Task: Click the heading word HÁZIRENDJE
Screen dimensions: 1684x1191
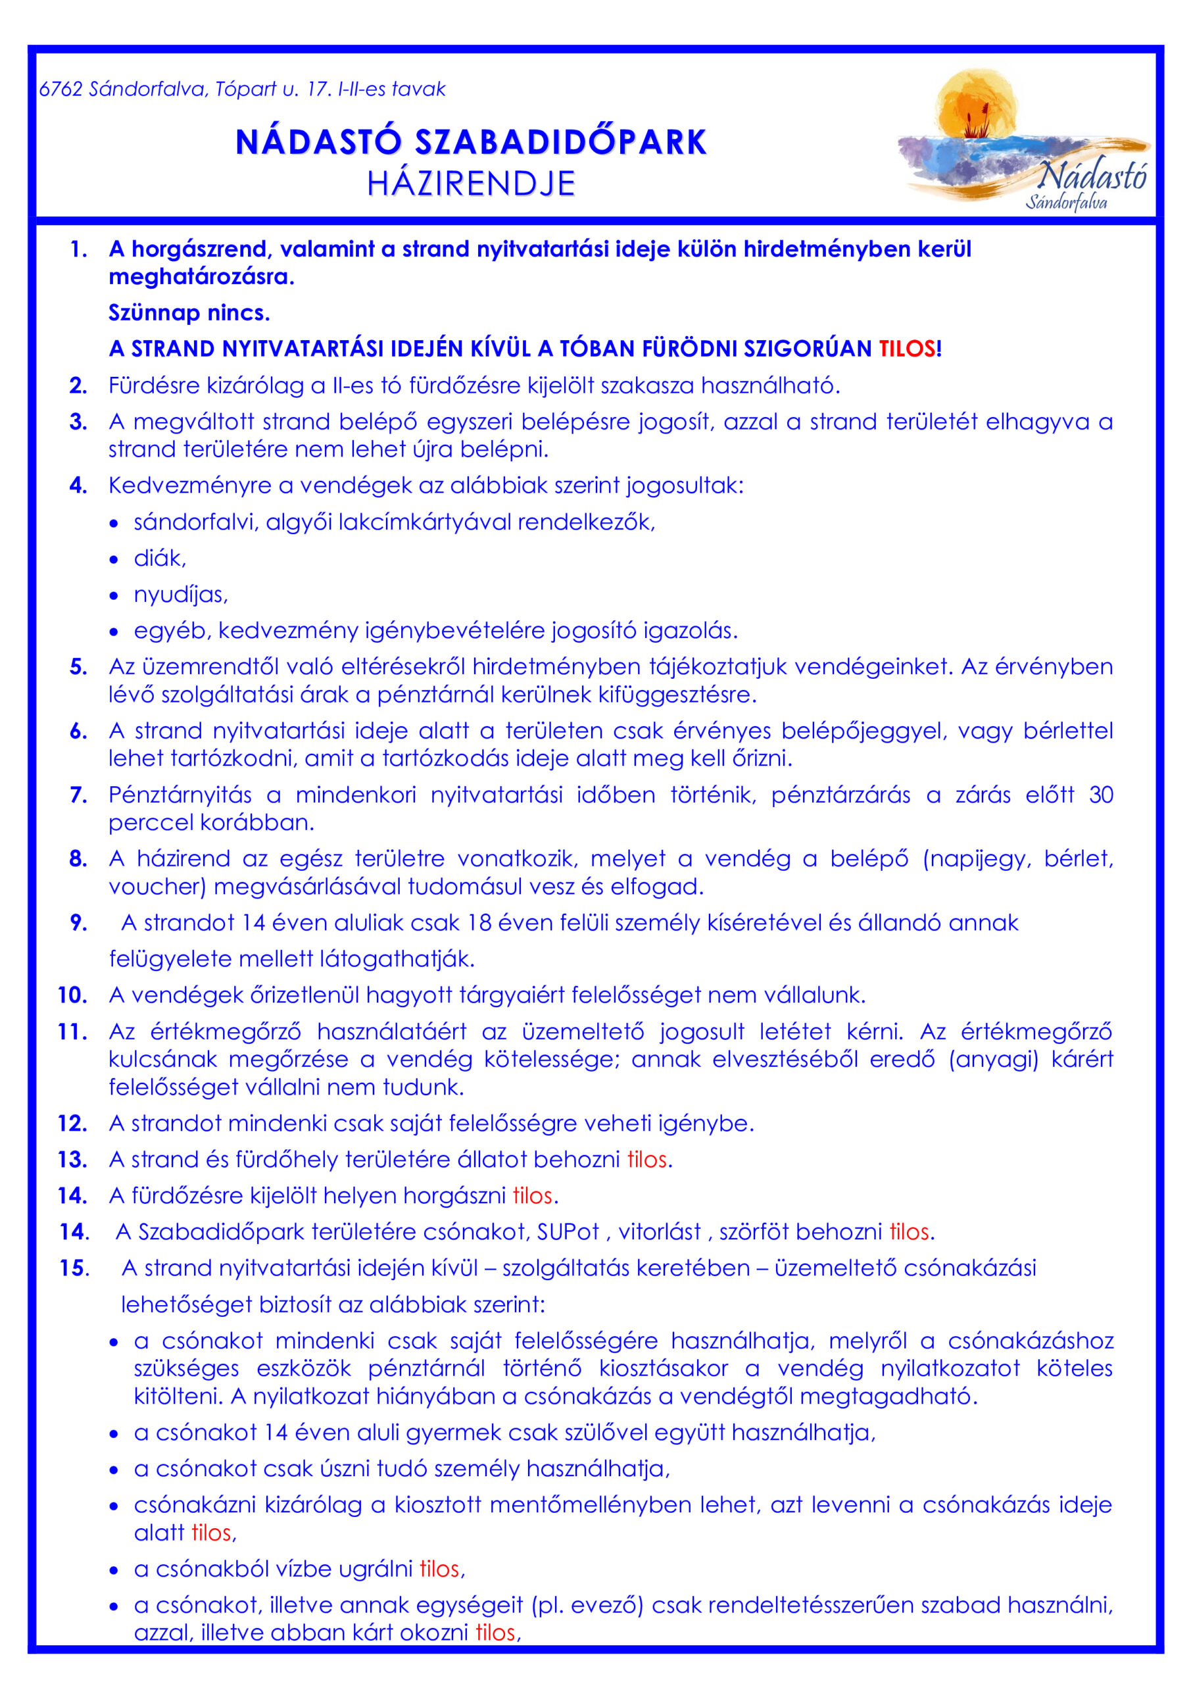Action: [471, 184]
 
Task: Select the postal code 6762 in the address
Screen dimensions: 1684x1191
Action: [60, 89]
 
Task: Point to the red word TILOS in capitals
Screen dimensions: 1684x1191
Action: [907, 349]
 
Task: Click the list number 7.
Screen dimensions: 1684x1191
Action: [78, 795]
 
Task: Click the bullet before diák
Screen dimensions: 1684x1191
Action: [114, 560]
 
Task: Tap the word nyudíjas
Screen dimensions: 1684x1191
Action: [180, 595]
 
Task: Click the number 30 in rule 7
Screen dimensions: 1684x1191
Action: [1101, 795]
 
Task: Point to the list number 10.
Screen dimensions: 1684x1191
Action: [72, 995]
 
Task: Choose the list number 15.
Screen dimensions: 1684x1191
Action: [74, 1268]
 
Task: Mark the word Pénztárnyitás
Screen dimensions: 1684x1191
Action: [180, 795]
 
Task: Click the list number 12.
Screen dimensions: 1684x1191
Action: [72, 1124]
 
